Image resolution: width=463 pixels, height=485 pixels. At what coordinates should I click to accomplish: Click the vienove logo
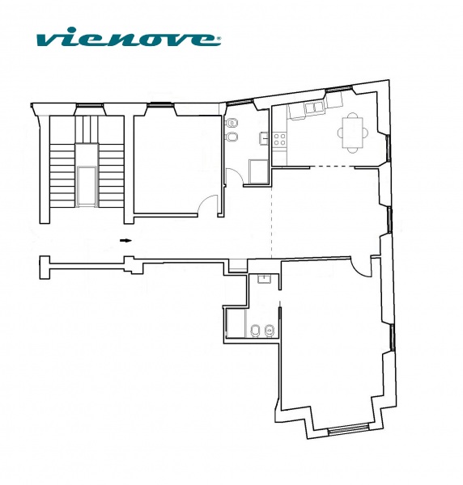pyautogui.click(x=128, y=37)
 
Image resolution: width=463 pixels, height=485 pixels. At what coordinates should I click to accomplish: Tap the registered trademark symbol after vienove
pyautogui.click(x=219, y=39)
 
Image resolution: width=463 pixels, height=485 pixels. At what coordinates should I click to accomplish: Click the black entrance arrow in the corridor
pyautogui.click(x=125, y=240)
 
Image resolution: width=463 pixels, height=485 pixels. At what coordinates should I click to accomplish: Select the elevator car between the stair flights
pyautogui.click(x=87, y=186)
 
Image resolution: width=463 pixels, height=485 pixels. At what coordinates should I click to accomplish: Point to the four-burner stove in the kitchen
pyautogui.click(x=279, y=139)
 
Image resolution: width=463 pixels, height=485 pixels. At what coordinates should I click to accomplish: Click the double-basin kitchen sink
pyautogui.click(x=314, y=108)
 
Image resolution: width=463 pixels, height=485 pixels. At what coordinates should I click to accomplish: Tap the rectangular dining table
pyautogui.click(x=352, y=133)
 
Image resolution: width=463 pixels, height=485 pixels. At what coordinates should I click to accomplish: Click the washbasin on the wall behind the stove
pyautogui.click(x=264, y=138)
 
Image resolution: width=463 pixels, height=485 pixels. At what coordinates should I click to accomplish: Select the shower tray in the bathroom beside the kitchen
pyautogui.click(x=258, y=172)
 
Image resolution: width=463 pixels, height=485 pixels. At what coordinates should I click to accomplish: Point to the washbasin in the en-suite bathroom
pyautogui.click(x=264, y=279)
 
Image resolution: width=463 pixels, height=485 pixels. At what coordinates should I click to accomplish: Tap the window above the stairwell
pyautogui.click(x=90, y=105)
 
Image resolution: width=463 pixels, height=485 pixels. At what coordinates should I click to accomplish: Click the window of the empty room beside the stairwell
pyautogui.click(x=159, y=105)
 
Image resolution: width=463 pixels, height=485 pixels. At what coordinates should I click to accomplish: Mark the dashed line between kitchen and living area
pyautogui.click(x=332, y=167)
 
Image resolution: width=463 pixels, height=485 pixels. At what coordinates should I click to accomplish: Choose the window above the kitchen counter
pyautogui.click(x=339, y=90)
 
